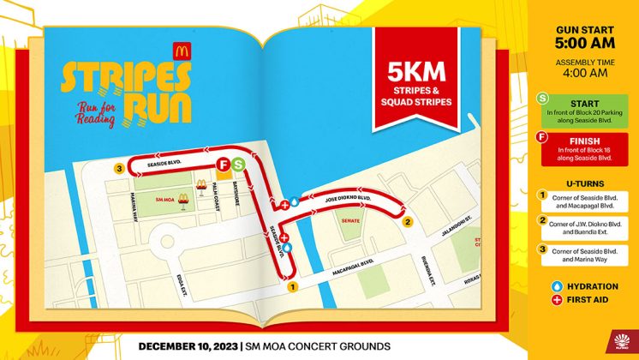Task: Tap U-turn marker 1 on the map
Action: [291, 287]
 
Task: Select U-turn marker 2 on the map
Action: [408, 223]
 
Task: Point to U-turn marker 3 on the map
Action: [119, 169]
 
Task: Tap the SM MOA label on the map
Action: [167, 199]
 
